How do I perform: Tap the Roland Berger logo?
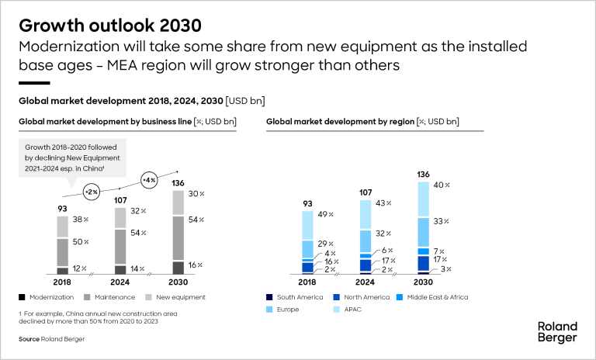557,332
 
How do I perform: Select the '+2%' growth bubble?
90,191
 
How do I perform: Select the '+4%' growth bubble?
148,181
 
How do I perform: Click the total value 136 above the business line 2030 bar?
178,184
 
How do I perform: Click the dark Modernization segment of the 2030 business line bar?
178,267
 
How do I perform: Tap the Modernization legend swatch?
23,297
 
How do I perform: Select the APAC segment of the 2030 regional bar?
423,199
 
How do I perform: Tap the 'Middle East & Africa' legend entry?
435,297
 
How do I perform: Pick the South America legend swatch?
269,297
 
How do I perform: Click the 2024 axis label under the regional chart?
366,283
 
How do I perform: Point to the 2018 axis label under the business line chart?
62,283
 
